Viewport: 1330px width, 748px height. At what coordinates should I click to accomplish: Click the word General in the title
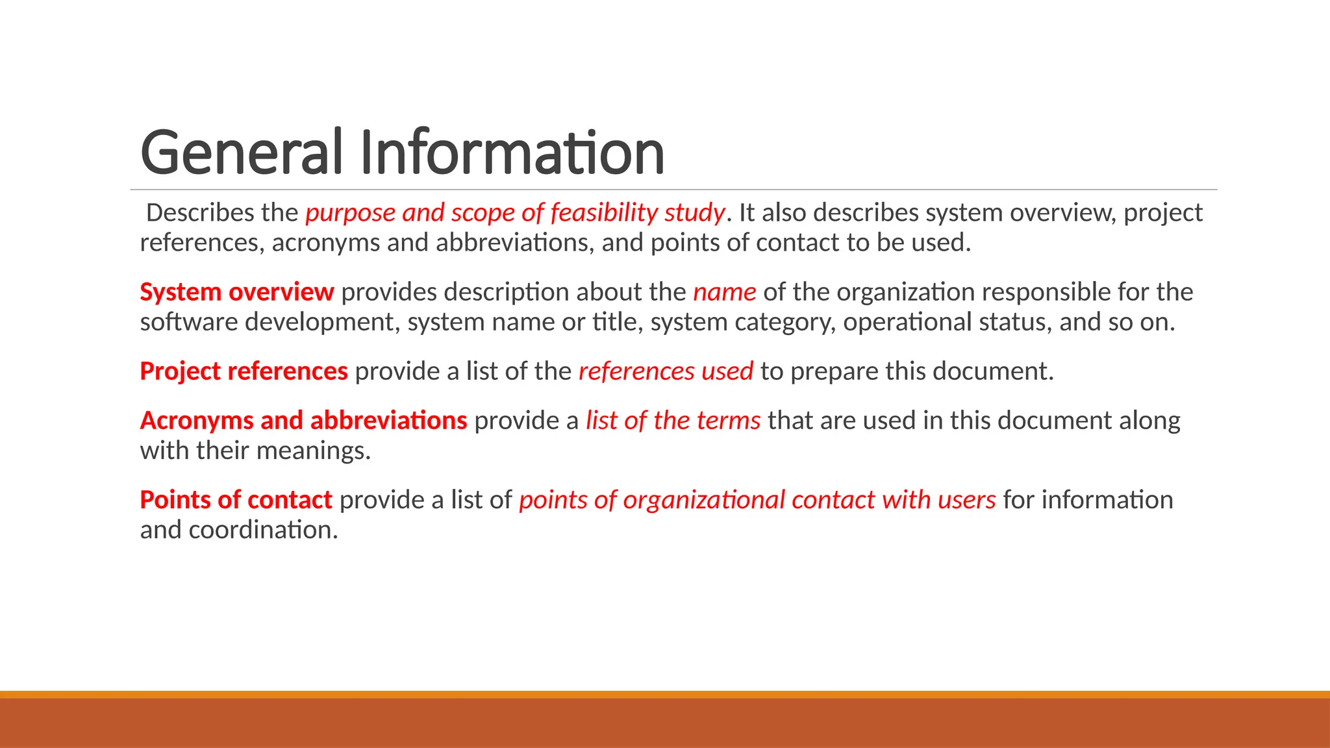(241, 153)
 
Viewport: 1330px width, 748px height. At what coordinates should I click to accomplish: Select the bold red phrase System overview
(237, 292)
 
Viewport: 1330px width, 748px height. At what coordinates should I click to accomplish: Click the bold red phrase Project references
(244, 371)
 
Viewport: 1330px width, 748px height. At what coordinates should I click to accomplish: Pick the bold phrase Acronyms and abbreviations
(303, 421)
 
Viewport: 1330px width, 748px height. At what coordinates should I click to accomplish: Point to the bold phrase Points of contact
(236, 500)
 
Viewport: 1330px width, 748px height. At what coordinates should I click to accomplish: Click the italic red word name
(724, 292)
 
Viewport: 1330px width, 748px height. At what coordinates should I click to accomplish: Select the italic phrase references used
(666, 371)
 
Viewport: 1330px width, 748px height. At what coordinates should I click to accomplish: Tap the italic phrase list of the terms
(673, 421)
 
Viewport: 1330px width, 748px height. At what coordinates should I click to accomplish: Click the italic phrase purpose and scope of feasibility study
(515, 213)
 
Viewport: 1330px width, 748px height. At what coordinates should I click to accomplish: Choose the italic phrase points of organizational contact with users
(757, 500)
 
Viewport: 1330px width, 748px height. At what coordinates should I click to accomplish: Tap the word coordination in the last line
(263, 530)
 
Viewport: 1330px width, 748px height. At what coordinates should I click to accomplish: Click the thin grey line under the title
(673, 190)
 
